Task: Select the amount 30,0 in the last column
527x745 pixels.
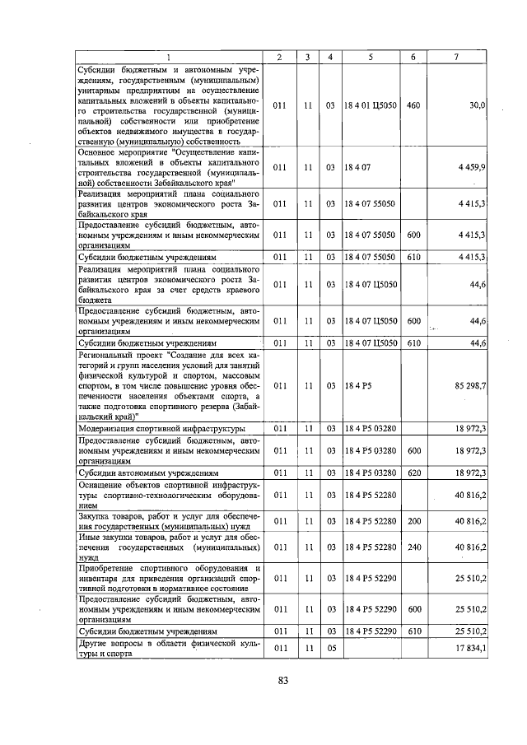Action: [477, 105]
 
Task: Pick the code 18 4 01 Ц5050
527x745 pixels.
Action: [371, 105]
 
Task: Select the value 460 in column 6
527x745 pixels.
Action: [413, 105]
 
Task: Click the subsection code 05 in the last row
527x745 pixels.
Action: [329, 648]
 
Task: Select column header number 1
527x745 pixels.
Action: [170, 57]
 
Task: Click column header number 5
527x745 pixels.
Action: [371, 57]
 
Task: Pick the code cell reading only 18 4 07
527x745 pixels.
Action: [358, 167]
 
